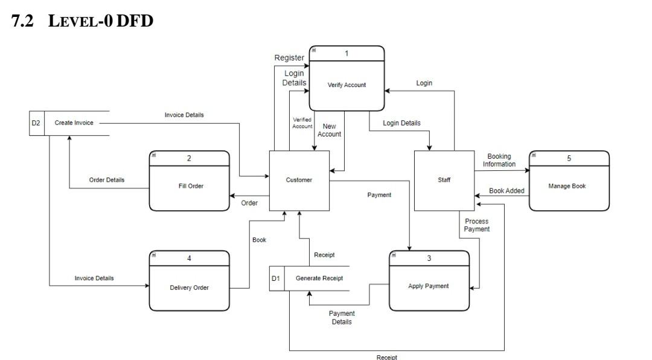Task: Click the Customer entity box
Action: coord(299,180)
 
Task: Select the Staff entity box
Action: coord(444,180)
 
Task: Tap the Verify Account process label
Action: coord(347,85)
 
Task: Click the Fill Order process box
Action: coord(189,186)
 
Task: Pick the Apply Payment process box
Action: coord(429,286)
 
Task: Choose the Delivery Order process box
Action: coord(189,288)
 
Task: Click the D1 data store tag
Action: coord(276,278)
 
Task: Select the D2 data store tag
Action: coord(36,123)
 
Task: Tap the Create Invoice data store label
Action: coord(74,123)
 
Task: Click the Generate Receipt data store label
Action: coord(319,278)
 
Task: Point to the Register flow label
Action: coord(289,58)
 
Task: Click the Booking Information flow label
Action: coord(499,161)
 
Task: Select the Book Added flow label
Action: coord(507,191)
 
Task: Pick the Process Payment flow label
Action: coord(477,225)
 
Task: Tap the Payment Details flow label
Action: coord(342,318)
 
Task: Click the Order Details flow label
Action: coord(107,180)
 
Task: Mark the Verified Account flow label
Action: coord(302,123)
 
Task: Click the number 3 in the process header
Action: coord(429,259)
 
